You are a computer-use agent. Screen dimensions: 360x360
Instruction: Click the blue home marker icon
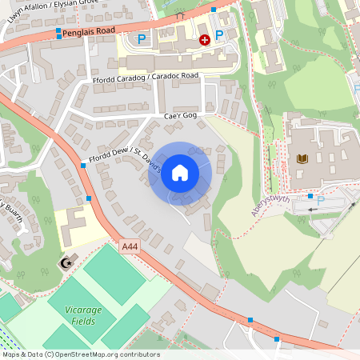[180, 173]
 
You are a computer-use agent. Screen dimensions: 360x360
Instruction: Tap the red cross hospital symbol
[204, 39]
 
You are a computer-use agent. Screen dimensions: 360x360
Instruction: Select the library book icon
[302, 159]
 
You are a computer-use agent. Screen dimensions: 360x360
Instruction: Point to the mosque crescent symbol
[66, 262]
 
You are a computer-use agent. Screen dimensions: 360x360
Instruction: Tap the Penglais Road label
[90, 30]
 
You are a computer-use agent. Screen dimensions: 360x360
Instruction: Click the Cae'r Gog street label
[180, 116]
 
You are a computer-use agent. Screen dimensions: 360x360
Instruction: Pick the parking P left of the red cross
[142, 39]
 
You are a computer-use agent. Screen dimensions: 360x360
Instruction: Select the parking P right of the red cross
[218, 34]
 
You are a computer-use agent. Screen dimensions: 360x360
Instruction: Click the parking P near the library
[322, 199]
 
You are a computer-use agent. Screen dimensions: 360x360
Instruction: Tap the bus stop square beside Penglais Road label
[58, 34]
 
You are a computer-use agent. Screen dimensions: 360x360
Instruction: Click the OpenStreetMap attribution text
[80, 354]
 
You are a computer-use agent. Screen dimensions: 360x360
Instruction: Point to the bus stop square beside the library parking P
[310, 195]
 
